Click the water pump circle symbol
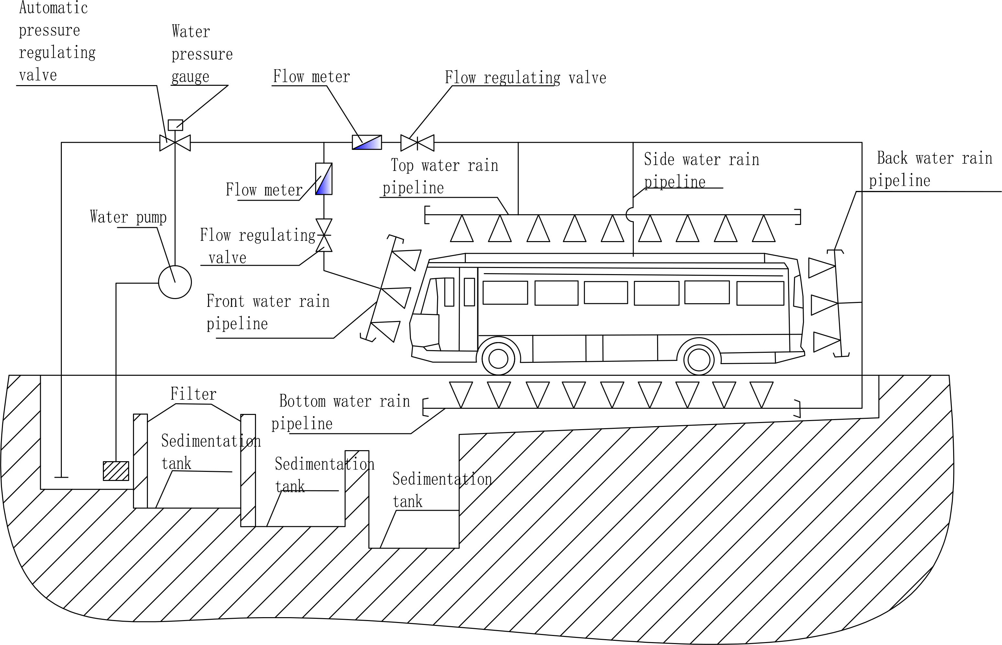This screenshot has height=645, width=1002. [175, 282]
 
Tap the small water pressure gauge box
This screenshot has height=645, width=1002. [175, 125]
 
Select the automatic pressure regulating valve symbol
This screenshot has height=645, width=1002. [175, 143]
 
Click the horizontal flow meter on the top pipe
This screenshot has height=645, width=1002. [367, 142]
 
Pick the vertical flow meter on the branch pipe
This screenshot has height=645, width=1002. [324, 179]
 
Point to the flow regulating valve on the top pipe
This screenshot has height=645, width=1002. [417, 143]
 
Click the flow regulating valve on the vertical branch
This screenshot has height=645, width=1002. [324, 235]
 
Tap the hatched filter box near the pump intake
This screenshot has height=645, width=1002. [116, 471]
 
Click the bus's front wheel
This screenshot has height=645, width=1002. [498, 359]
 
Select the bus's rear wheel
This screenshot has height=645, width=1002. [699, 359]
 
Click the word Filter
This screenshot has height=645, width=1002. [193, 394]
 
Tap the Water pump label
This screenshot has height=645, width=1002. [128, 217]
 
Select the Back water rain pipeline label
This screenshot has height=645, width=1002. [930, 169]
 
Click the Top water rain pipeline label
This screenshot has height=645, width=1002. [440, 176]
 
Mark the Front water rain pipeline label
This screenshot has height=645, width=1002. [268, 312]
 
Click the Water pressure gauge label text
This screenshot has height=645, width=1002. [202, 54]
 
